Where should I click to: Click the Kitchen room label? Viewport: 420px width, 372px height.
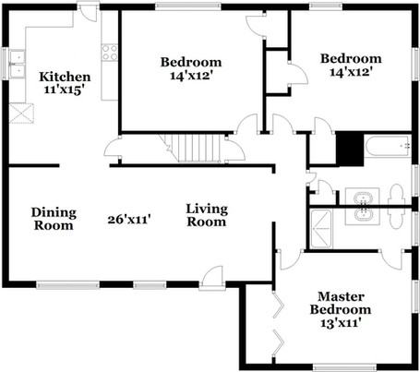pos(65,77)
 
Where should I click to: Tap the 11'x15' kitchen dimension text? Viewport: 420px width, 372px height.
pos(65,90)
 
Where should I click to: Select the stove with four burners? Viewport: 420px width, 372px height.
pos(110,53)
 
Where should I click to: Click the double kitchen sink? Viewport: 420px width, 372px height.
pos(18,64)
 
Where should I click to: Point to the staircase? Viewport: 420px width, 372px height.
pos(193,148)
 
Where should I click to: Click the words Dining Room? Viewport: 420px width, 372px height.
pos(54,219)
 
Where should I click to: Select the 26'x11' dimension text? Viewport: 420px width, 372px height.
pos(129,220)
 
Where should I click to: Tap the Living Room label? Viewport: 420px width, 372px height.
pos(207,215)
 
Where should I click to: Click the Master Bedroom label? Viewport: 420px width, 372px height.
pos(341,303)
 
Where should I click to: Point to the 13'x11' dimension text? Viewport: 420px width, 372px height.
pos(341,323)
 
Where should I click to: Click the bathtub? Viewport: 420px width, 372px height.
pos(388,147)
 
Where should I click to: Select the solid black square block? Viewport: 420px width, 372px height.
pos(350,149)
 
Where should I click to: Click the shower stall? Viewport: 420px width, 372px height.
pos(321,228)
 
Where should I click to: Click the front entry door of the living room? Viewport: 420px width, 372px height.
pos(211,278)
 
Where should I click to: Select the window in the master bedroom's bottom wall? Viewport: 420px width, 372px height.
pos(344,367)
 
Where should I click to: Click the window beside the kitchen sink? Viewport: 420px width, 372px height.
pos(5,64)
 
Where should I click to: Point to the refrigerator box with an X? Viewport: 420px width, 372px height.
pos(21,114)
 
